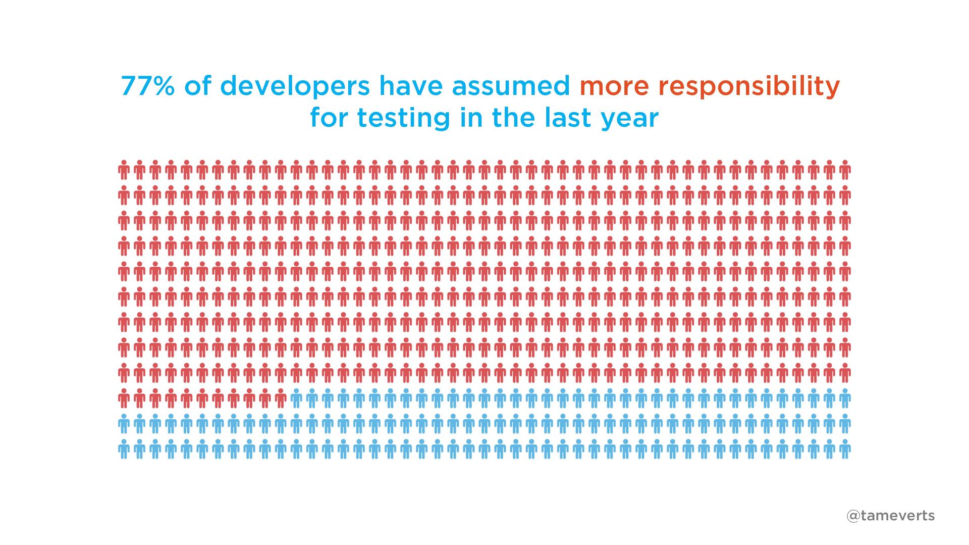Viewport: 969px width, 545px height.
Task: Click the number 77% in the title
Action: point(148,86)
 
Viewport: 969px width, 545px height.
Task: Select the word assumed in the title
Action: point(511,85)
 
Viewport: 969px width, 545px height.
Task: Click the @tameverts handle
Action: point(890,516)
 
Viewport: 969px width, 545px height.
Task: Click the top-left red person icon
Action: point(124,170)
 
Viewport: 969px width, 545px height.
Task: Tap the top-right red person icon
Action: point(845,170)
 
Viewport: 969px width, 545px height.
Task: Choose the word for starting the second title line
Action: point(329,118)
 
